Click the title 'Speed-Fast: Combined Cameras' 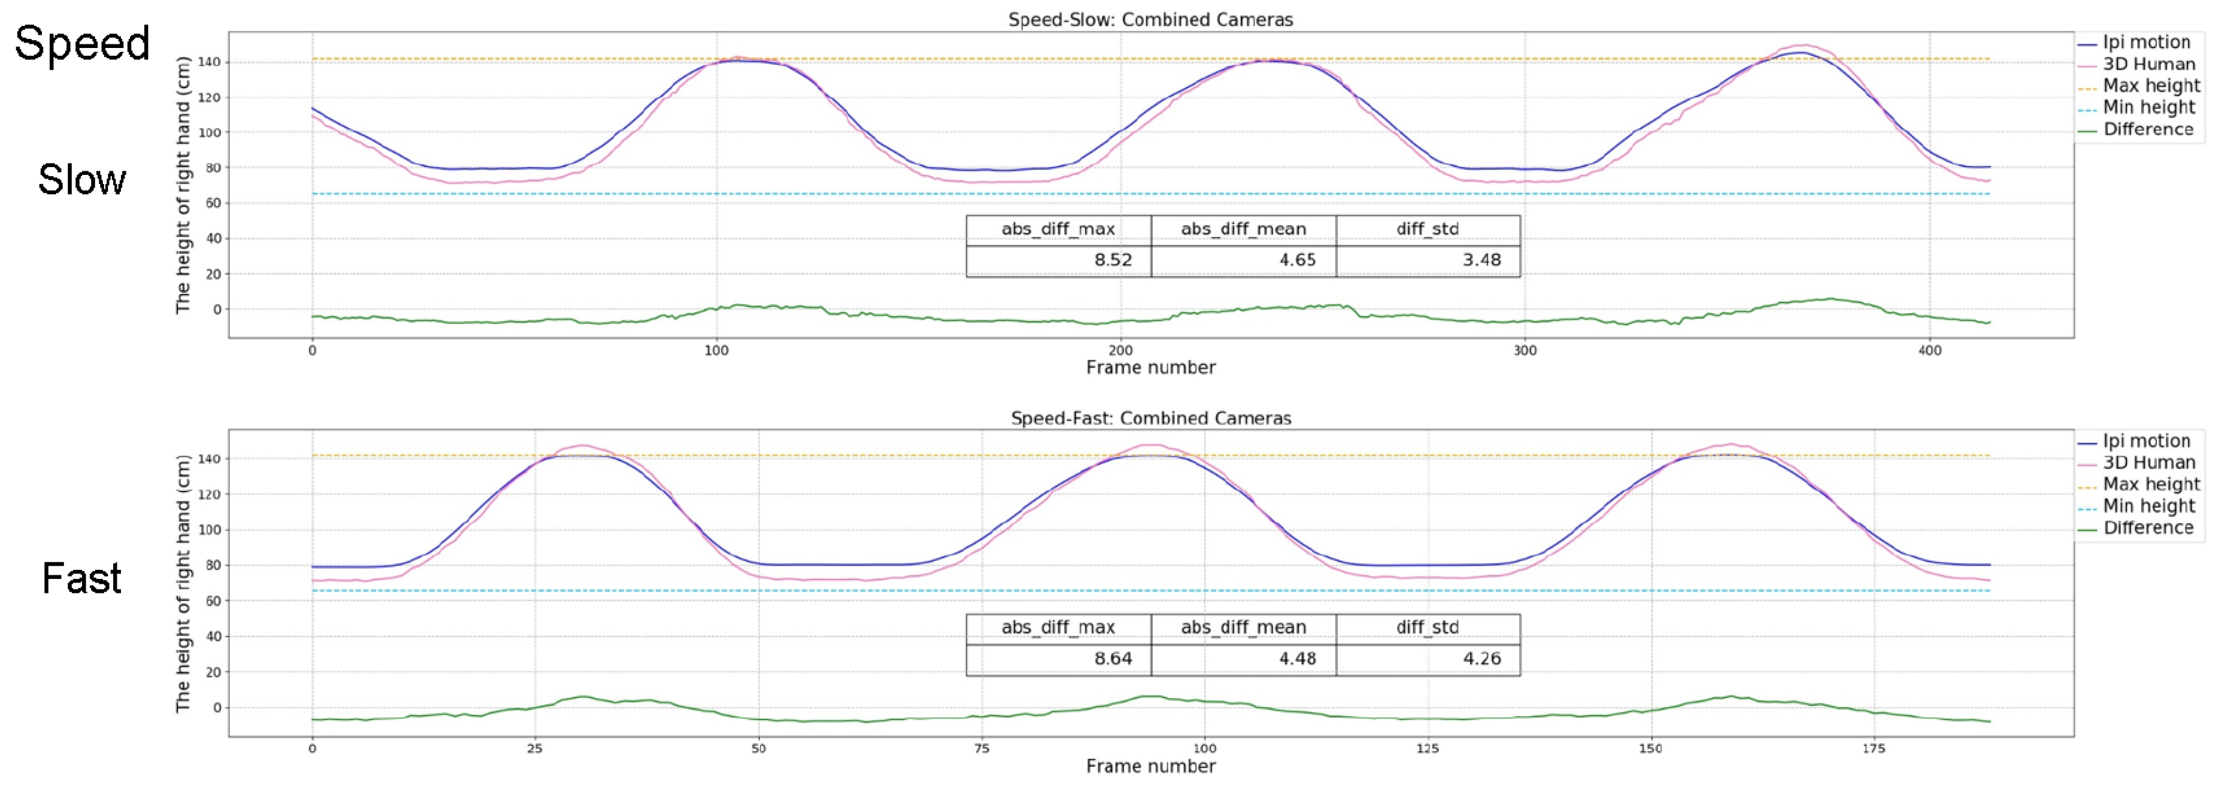point(1151,418)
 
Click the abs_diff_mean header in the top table point(1243,229)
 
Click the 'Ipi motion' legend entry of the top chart point(2146,43)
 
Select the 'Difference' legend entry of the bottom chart point(2148,527)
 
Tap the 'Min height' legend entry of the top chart point(2148,108)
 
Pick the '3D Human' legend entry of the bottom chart point(2148,463)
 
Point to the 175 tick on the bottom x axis point(1874,749)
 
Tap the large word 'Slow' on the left point(82,180)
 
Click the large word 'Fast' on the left point(82,578)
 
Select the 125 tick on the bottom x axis point(1427,749)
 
